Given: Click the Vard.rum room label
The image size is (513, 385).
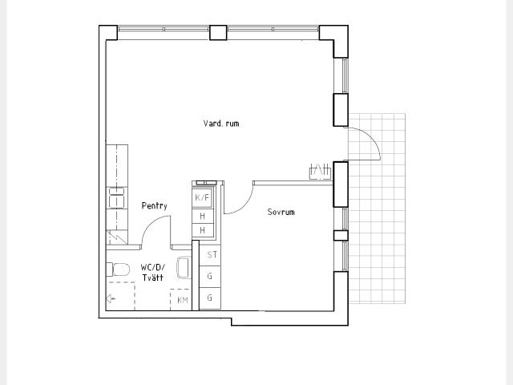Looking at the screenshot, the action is point(221,124).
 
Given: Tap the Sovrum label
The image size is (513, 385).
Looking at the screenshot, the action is point(281,212).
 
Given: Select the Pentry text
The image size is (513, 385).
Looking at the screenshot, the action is point(155,205).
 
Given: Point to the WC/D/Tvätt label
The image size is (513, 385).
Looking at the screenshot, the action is point(153,273).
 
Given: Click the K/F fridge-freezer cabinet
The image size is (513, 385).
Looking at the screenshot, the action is point(202,198).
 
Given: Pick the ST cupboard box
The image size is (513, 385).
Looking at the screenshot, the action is point(210,255).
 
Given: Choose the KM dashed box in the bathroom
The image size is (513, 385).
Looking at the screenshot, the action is point(180,299).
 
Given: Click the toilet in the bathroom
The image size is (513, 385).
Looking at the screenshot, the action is point(118,269).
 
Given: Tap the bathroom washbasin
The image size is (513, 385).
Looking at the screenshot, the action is point(184,267).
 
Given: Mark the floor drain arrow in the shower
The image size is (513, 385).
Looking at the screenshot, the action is point(111,298).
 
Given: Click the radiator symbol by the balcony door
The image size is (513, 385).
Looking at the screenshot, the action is point(320,171).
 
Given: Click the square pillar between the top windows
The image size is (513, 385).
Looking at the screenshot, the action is point(218,33).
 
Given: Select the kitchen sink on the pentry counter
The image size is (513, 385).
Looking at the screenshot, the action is point(117,197).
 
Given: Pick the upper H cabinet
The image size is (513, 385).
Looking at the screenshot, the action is point(203,216).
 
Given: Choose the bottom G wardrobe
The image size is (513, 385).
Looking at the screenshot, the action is point(210,298).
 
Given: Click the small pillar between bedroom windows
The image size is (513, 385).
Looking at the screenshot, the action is point(341,235).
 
